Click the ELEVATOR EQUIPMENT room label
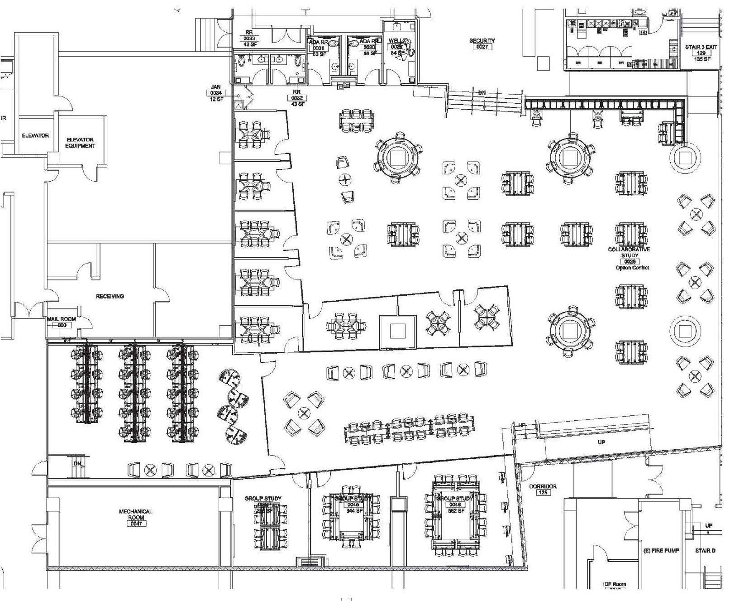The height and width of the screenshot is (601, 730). (x=80, y=143)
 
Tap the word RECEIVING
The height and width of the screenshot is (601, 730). (x=110, y=296)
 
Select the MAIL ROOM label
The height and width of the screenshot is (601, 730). (x=62, y=319)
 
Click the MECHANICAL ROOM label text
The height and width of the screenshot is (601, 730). (x=136, y=514)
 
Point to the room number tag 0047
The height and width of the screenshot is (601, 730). (x=136, y=524)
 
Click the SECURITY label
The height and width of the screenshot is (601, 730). (x=482, y=41)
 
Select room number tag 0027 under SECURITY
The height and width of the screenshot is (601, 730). (x=482, y=47)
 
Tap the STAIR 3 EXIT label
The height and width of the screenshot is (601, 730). (x=701, y=47)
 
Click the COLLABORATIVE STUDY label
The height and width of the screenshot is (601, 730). (x=629, y=252)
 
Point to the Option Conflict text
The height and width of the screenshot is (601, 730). (x=632, y=268)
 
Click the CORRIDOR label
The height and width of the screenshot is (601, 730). (x=543, y=486)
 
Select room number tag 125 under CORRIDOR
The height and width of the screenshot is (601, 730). (x=543, y=492)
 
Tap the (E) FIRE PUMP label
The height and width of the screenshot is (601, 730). (x=661, y=551)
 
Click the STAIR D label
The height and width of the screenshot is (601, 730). (x=705, y=551)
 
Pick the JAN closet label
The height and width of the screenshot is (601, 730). (x=216, y=87)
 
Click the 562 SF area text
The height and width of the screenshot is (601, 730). (x=455, y=511)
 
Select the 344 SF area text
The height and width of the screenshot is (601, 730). (x=354, y=511)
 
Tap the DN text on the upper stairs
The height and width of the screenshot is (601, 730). (x=482, y=93)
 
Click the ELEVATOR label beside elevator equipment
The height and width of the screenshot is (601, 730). (x=35, y=135)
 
